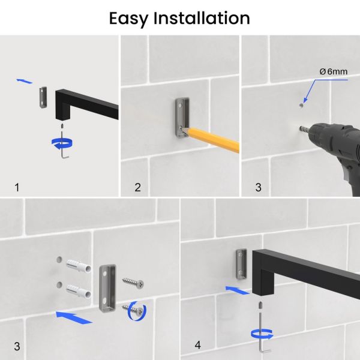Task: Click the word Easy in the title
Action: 128,19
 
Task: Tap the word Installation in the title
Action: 202,18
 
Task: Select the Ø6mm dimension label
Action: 334,71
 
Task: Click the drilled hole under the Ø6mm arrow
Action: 301,106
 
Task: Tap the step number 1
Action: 17,187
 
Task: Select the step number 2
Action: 137,187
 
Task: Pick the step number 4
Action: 197,345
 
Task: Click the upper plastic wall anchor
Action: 79,265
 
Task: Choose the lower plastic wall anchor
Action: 79,292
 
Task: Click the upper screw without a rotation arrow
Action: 133,282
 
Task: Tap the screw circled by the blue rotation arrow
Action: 134,310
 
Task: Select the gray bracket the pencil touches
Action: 182,118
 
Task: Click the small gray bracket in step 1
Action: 43,97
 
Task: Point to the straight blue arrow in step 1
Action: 25,81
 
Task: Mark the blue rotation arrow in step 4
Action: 262,334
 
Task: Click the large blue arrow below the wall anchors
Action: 74,317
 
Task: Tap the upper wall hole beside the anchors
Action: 59,260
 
